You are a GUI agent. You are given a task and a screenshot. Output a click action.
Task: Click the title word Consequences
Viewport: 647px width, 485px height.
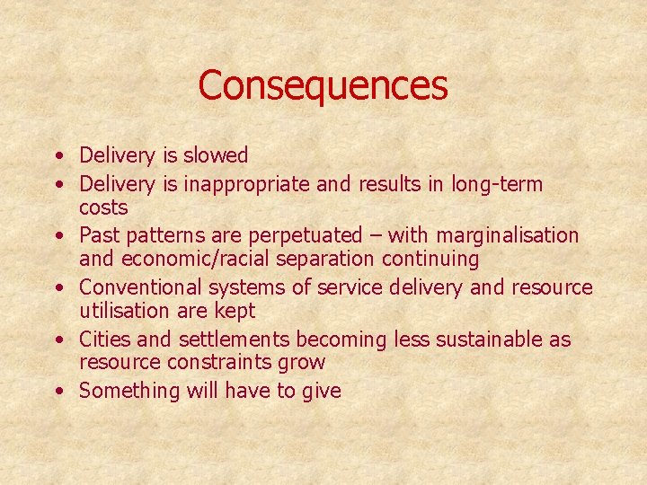[323, 85]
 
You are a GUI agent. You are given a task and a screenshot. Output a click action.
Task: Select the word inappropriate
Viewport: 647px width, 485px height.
[235, 185]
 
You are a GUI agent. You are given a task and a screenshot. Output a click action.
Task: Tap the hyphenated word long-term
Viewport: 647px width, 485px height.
[498, 184]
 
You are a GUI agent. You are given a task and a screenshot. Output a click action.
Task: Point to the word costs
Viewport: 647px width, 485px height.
[103, 207]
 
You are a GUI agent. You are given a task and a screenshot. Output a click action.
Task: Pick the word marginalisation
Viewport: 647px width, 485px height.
[508, 235]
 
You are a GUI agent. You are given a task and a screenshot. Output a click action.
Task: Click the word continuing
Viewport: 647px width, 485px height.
[429, 260]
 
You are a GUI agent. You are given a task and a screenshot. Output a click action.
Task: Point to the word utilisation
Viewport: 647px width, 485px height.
[122, 311]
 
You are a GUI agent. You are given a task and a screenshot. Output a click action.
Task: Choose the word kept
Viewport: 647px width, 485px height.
[235, 312]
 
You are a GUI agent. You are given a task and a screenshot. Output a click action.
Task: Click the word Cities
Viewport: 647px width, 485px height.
[105, 339]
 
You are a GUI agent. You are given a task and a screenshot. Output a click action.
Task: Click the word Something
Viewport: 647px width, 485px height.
[129, 391]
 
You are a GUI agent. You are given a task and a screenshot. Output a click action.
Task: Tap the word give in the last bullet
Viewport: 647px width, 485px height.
[322, 392]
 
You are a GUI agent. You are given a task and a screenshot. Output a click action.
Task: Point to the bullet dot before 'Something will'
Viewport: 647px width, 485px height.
[58, 392]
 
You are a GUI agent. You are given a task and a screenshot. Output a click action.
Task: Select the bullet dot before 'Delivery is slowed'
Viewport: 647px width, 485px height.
[58, 156]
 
